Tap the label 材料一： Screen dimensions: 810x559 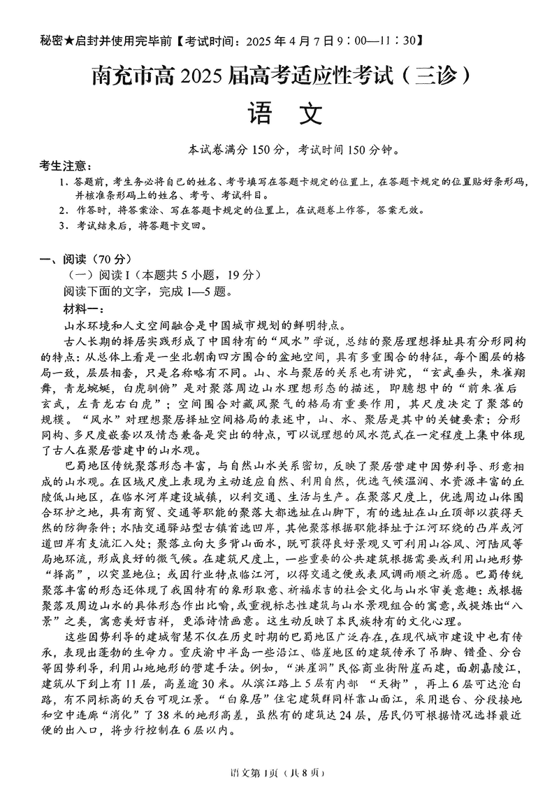[x=82, y=308]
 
